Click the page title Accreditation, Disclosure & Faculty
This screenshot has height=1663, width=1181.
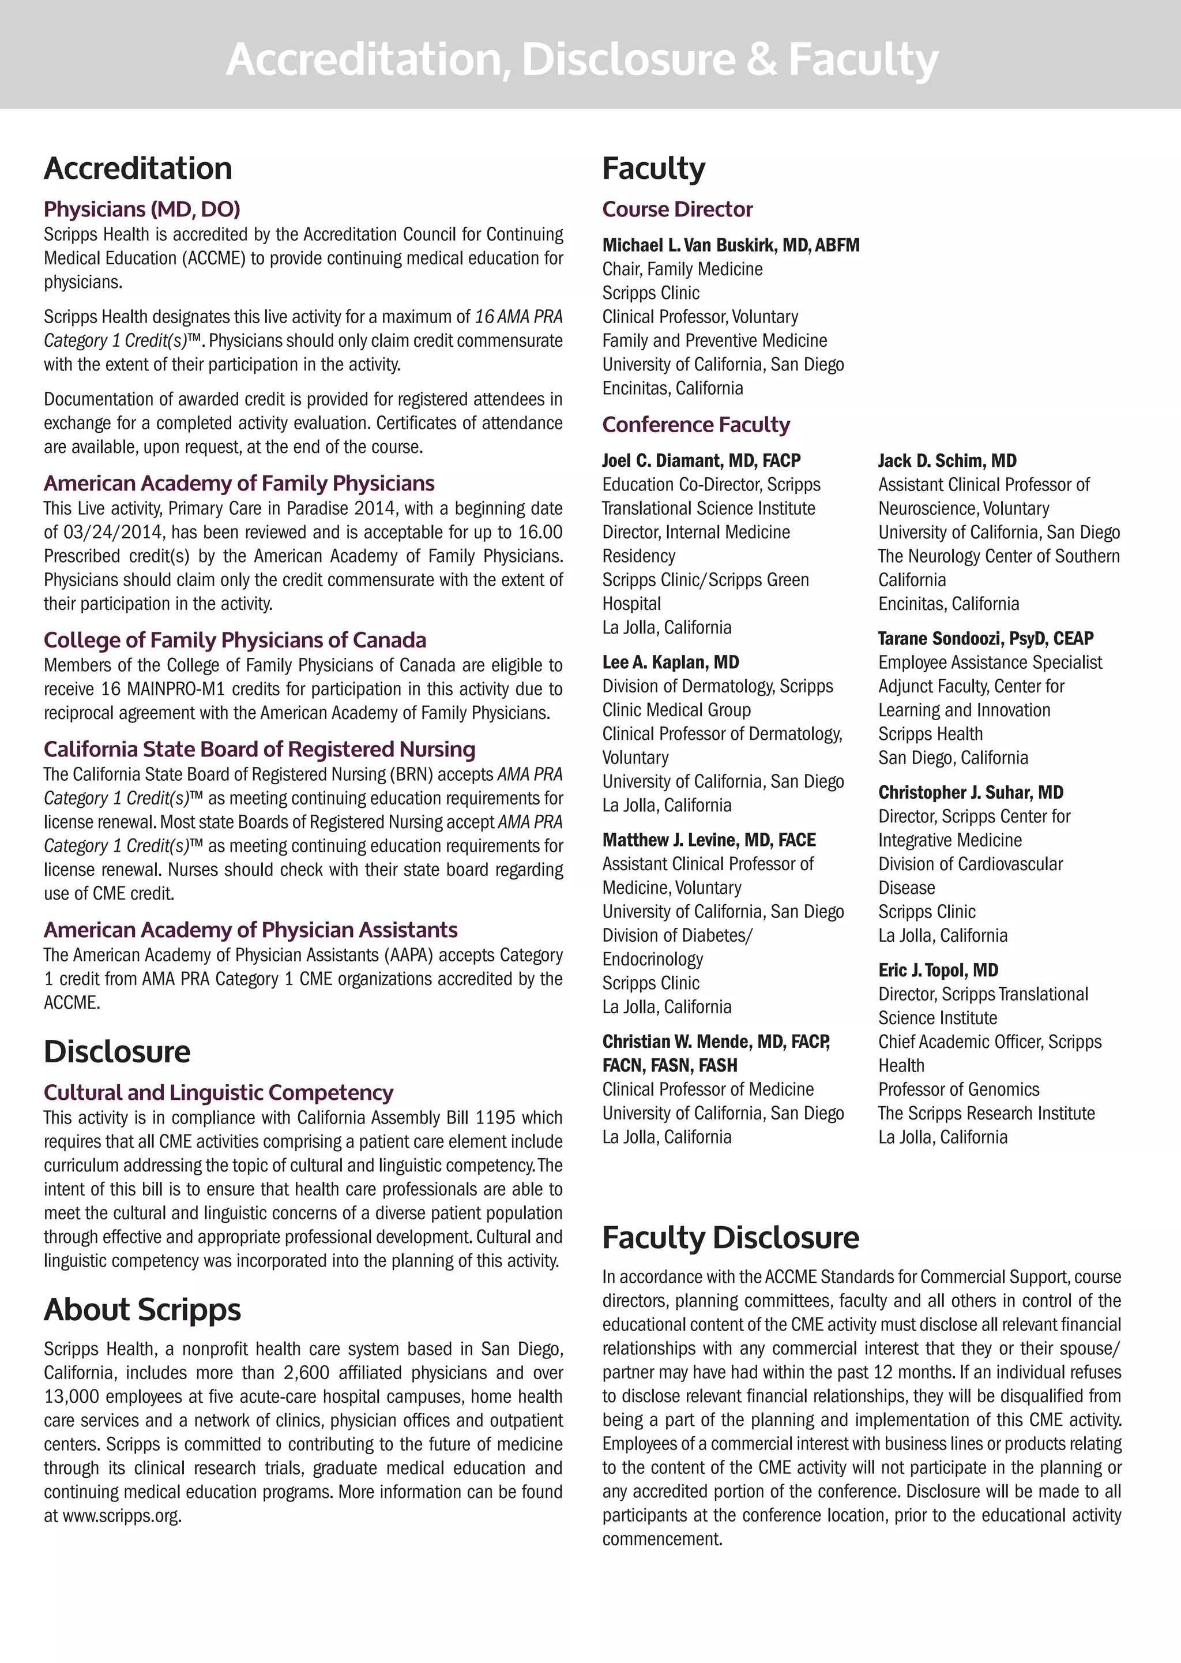pyautogui.click(x=582, y=59)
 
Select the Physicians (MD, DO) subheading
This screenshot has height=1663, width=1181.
pyautogui.click(x=142, y=209)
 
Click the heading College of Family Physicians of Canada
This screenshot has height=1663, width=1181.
pyautogui.click(x=234, y=640)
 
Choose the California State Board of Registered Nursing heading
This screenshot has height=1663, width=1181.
pyautogui.click(x=259, y=750)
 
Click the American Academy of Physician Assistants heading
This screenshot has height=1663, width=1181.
pyautogui.click(x=250, y=930)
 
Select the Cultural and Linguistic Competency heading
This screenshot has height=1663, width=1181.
pyautogui.click(x=218, y=1093)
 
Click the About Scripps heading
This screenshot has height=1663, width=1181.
pyautogui.click(x=142, y=1309)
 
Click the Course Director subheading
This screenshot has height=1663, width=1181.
pyautogui.click(x=677, y=209)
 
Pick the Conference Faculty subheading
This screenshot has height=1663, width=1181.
pyautogui.click(x=695, y=425)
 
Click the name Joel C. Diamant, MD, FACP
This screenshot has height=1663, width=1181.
pyautogui.click(x=701, y=460)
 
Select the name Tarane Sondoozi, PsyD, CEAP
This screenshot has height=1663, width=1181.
pyautogui.click(x=986, y=639)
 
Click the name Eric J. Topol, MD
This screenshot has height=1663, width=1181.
pyautogui.click(x=938, y=971)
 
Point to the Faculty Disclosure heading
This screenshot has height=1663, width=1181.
pyautogui.click(x=730, y=1237)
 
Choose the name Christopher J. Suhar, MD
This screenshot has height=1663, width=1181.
pyautogui.click(x=970, y=792)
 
